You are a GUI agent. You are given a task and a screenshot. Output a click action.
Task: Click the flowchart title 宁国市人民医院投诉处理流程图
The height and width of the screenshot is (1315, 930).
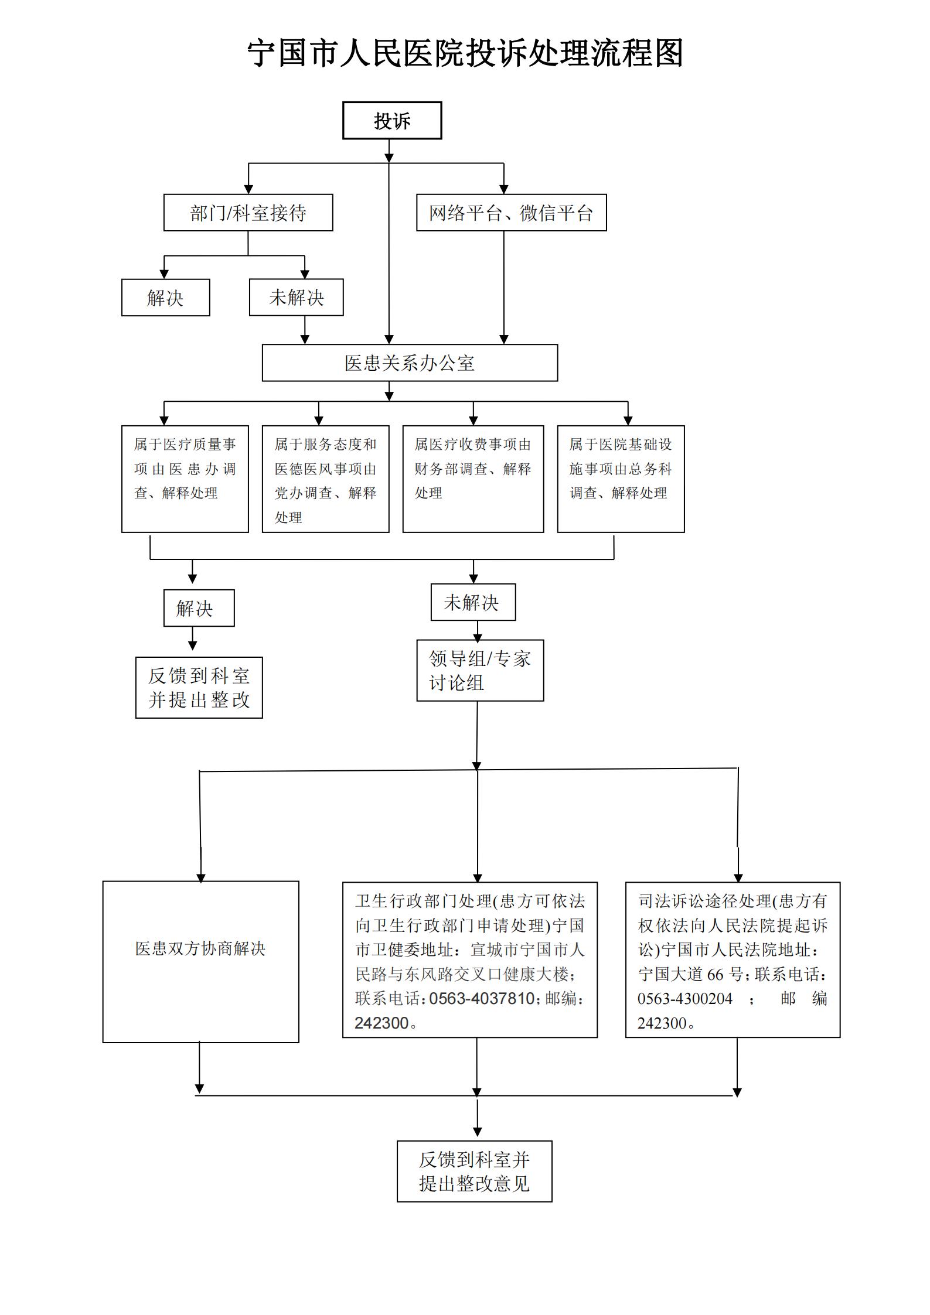point(465,53)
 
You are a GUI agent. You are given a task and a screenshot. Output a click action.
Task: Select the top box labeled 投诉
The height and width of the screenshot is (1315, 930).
point(391,121)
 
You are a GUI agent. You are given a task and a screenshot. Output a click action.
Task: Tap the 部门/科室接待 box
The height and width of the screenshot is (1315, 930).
point(248,213)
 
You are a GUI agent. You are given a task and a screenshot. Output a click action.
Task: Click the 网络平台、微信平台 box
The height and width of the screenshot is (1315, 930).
point(511,213)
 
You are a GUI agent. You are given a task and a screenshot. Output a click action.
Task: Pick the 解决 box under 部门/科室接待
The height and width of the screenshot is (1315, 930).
point(165,298)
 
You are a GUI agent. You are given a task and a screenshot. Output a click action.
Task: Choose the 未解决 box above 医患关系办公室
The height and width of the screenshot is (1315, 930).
point(296,298)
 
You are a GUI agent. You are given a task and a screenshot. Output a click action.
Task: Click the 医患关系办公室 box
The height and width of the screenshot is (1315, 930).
point(410,363)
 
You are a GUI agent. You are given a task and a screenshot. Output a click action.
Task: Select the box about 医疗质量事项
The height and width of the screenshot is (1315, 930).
point(185,479)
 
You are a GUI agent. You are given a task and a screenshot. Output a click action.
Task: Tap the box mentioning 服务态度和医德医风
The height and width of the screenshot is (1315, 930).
point(325,479)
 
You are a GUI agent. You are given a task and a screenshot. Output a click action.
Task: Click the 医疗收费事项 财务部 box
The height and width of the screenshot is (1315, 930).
point(473,479)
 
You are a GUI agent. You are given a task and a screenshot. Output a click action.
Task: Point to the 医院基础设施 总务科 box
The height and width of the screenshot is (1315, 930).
point(621,479)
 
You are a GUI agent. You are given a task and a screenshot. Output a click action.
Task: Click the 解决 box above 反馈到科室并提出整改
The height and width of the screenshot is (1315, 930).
point(199,608)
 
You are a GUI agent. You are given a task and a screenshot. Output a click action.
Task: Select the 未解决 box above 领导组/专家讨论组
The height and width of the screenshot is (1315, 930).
point(472,602)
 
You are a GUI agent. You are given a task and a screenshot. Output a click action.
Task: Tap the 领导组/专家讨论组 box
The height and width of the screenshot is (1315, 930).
point(480,670)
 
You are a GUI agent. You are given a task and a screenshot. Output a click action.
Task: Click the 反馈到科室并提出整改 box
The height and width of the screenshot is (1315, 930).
point(199,688)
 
